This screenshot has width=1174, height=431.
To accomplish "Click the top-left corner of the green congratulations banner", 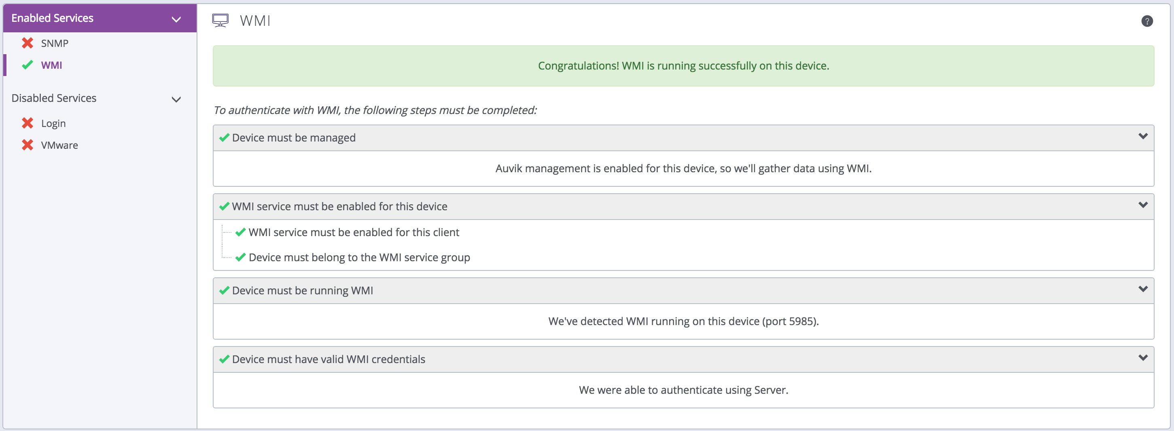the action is (x=213, y=46).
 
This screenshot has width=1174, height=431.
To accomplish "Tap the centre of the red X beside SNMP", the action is (x=28, y=43).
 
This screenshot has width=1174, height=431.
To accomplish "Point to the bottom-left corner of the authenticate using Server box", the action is (x=213, y=408).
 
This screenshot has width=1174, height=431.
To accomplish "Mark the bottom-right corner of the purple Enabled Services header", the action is (x=197, y=32).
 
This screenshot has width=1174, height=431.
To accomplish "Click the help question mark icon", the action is (x=1147, y=21).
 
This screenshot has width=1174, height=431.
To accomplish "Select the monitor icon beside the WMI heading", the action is (x=220, y=21).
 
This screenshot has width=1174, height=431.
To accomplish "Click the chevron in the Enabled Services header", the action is (x=176, y=19).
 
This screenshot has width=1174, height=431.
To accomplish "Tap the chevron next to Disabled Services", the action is (x=176, y=99).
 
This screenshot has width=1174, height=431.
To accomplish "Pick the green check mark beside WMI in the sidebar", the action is (x=28, y=65).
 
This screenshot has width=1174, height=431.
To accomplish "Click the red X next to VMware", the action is (x=28, y=145).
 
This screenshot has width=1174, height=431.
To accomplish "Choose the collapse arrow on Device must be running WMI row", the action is (x=1143, y=289).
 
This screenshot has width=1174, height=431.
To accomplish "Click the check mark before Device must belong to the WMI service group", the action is (x=240, y=258).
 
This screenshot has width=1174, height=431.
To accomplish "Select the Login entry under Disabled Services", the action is (x=53, y=123).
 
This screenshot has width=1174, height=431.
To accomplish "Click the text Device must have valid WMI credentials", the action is (x=328, y=359).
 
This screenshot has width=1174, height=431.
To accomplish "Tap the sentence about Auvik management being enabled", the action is (x=684, y=169).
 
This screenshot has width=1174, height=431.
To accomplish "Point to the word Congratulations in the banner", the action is (x=579, y=65).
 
